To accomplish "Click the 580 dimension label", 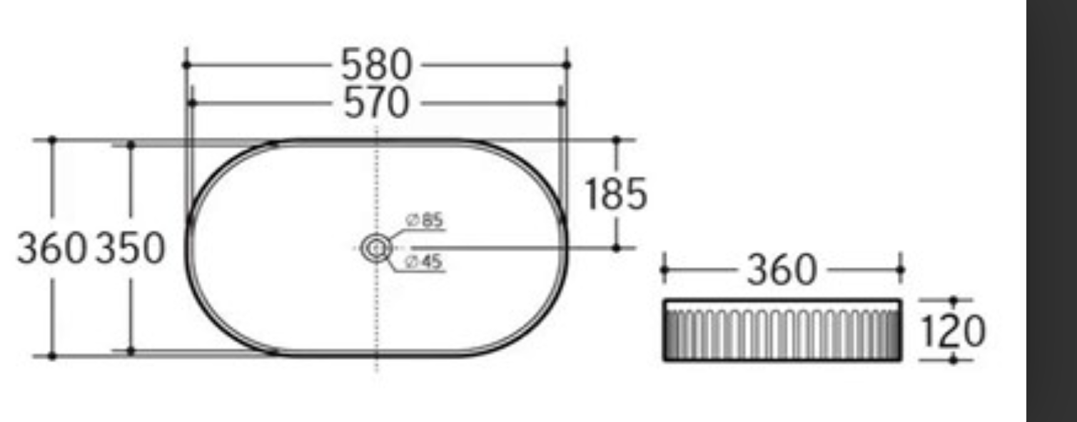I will [x=376, y=65].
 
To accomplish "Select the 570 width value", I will [x=376, y=104].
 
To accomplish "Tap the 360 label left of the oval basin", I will [x=51, y=248].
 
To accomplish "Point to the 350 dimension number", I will [x=130, y=248].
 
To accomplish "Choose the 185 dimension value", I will [x=616, y=194].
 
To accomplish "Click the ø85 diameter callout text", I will [x=425, y=221].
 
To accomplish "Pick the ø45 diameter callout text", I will [x=425, y=263].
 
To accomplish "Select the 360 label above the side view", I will [x=781, y=271].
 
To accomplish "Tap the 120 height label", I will [x=953, y=331].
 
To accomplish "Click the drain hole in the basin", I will [x=376, y=248].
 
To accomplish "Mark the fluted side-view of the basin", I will [x=782, y=331].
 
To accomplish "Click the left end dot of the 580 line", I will [x=186, y=65].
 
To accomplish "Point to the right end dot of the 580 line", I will [x=567, y=65].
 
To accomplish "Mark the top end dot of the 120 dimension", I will [x=954, y=301].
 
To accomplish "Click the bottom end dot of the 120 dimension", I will [x=954, y=359].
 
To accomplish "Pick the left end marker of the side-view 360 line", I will [x=664, y=271].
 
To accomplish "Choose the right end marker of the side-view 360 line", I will [x=899, y=271].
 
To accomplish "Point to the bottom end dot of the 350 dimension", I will [x=131, y=351].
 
